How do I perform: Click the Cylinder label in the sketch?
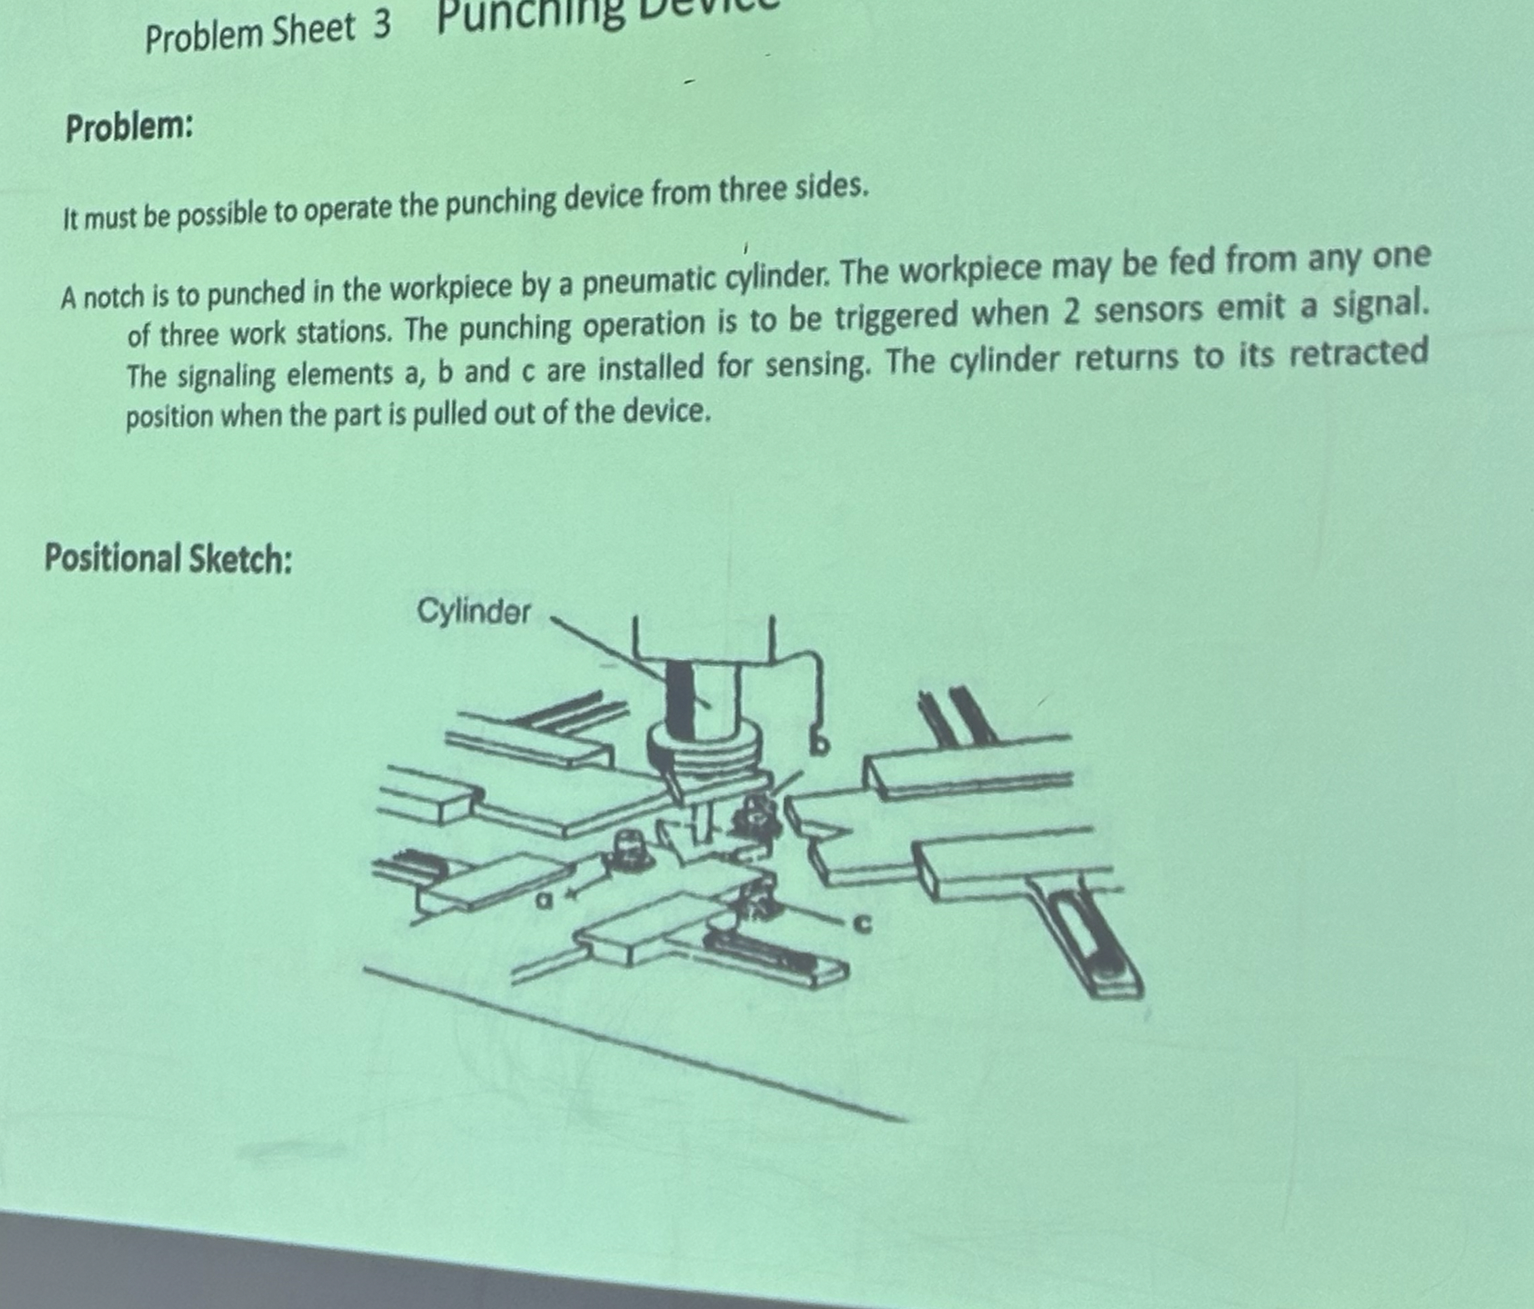point(474,612)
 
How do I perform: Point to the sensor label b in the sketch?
point(818,745)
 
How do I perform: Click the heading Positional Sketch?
point(168,558)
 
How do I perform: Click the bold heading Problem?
point(129,129)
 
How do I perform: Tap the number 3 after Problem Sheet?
point(381,26)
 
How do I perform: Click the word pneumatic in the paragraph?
point(642,281)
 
